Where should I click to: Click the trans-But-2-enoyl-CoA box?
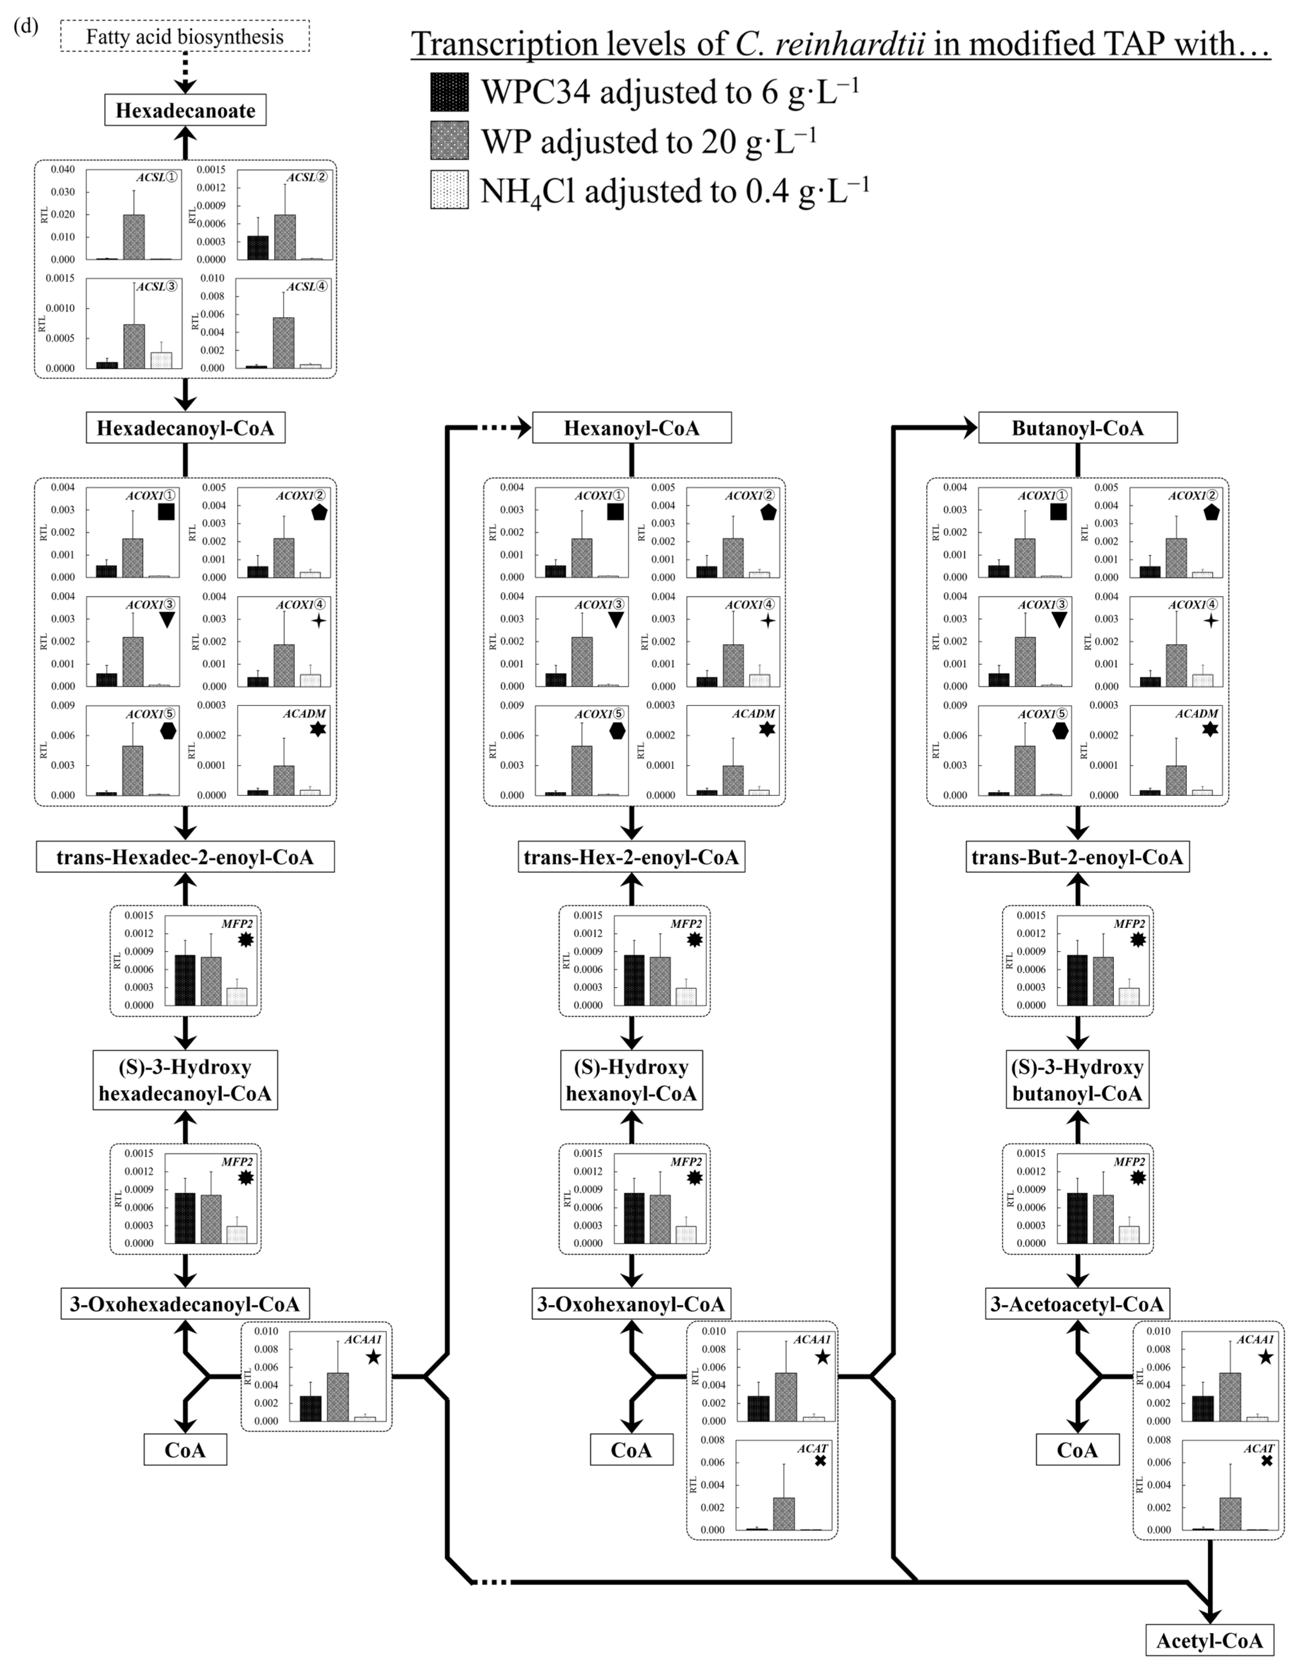coord(1077,857)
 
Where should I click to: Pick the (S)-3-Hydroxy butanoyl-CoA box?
coord(1077,1080)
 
